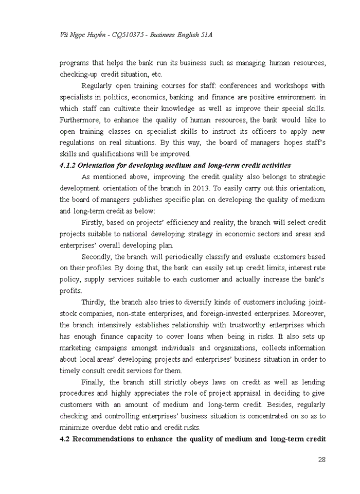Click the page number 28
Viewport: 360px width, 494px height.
point(321,460)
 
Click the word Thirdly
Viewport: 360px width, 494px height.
point(95,302)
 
